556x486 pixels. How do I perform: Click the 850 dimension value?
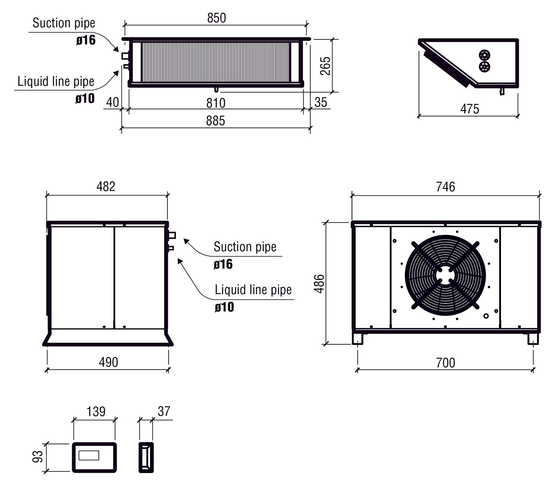217,18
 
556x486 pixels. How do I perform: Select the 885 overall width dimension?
215,121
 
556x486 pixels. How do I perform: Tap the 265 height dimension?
325,66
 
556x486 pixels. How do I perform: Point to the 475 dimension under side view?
470,109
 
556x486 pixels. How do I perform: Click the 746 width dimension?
445,187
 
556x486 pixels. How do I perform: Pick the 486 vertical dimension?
319,284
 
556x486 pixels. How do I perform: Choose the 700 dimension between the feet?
445,363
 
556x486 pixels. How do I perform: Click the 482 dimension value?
106,187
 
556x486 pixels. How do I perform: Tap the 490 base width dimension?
108,362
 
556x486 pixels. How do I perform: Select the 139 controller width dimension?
96,412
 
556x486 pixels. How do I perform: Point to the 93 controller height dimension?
38,456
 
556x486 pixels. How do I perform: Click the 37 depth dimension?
164,411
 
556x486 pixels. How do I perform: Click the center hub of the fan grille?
445,275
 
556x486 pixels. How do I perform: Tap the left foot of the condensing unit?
357,339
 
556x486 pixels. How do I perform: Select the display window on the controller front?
89,455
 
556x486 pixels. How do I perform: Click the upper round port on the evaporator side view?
484,55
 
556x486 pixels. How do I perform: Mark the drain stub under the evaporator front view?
216,89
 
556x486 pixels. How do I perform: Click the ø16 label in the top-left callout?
86,40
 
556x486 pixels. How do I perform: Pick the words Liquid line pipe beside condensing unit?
253,290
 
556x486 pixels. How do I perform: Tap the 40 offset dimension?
112,103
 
